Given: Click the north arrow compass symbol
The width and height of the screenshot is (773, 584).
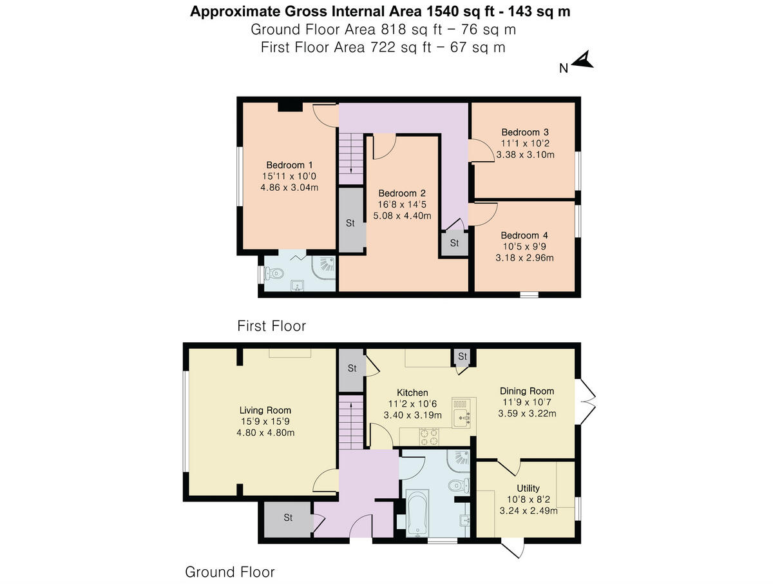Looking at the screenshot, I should (x=583, y=61).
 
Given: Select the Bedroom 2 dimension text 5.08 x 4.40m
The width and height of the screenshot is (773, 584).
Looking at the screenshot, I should (x=402, y=216).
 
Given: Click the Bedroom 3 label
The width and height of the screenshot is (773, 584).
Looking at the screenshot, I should (x=525, y=132).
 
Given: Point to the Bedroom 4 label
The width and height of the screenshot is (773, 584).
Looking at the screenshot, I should (x=525, y=235).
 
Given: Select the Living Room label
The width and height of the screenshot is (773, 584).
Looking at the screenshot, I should (x=265, y=410).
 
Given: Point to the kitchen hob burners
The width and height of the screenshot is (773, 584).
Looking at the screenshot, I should (x=430, y=437).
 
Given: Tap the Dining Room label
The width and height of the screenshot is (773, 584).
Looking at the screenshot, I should (x=527, y=391).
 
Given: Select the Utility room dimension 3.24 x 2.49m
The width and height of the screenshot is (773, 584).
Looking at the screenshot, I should (x=528, y=511).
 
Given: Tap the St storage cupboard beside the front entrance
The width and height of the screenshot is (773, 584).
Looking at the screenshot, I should (x=288, y=518).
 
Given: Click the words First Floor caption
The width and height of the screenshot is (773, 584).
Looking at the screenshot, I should (x=271, y=326).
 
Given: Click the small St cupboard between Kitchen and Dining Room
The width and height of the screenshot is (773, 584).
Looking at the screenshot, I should (x=462, y=356).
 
